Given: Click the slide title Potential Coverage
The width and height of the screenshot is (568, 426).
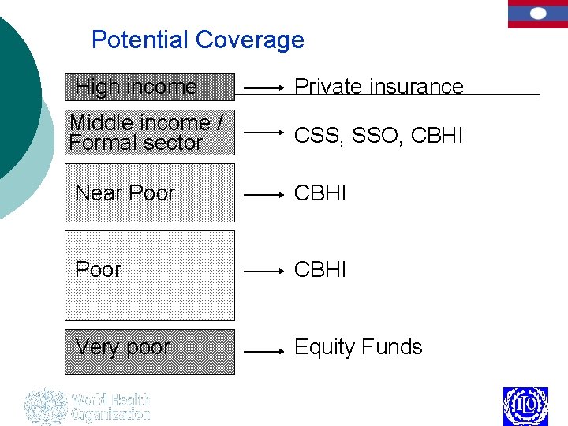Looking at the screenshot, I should click(x=197, y=39).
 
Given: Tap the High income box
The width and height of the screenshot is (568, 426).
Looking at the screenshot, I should click(x=150, y=87).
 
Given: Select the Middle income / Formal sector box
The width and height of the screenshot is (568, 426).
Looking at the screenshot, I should click(x=150, y=133).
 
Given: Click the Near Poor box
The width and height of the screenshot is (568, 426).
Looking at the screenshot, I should click(x=150, y=193).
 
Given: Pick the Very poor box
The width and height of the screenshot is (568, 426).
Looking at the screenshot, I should click(x=150, y=351).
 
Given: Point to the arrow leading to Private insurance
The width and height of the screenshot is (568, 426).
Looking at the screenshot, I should click(x=263, y=88).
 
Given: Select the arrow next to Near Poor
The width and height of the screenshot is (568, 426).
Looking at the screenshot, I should click(x=263, y=194).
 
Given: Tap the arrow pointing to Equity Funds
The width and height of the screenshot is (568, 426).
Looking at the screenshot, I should click(x=263, y=352).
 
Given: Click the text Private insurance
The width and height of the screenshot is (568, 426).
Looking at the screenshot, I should click(x=379, y=87).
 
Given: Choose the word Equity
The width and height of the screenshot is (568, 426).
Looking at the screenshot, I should click(x=323, y=348).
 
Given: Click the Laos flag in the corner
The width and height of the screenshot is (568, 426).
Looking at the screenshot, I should click(x=537, y=14).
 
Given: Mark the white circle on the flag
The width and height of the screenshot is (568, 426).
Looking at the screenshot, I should click(x=537, y=13).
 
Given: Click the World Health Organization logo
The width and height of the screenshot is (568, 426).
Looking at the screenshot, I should click(x=87, y=406).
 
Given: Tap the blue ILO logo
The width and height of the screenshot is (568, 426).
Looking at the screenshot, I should click(x=525, y=406).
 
